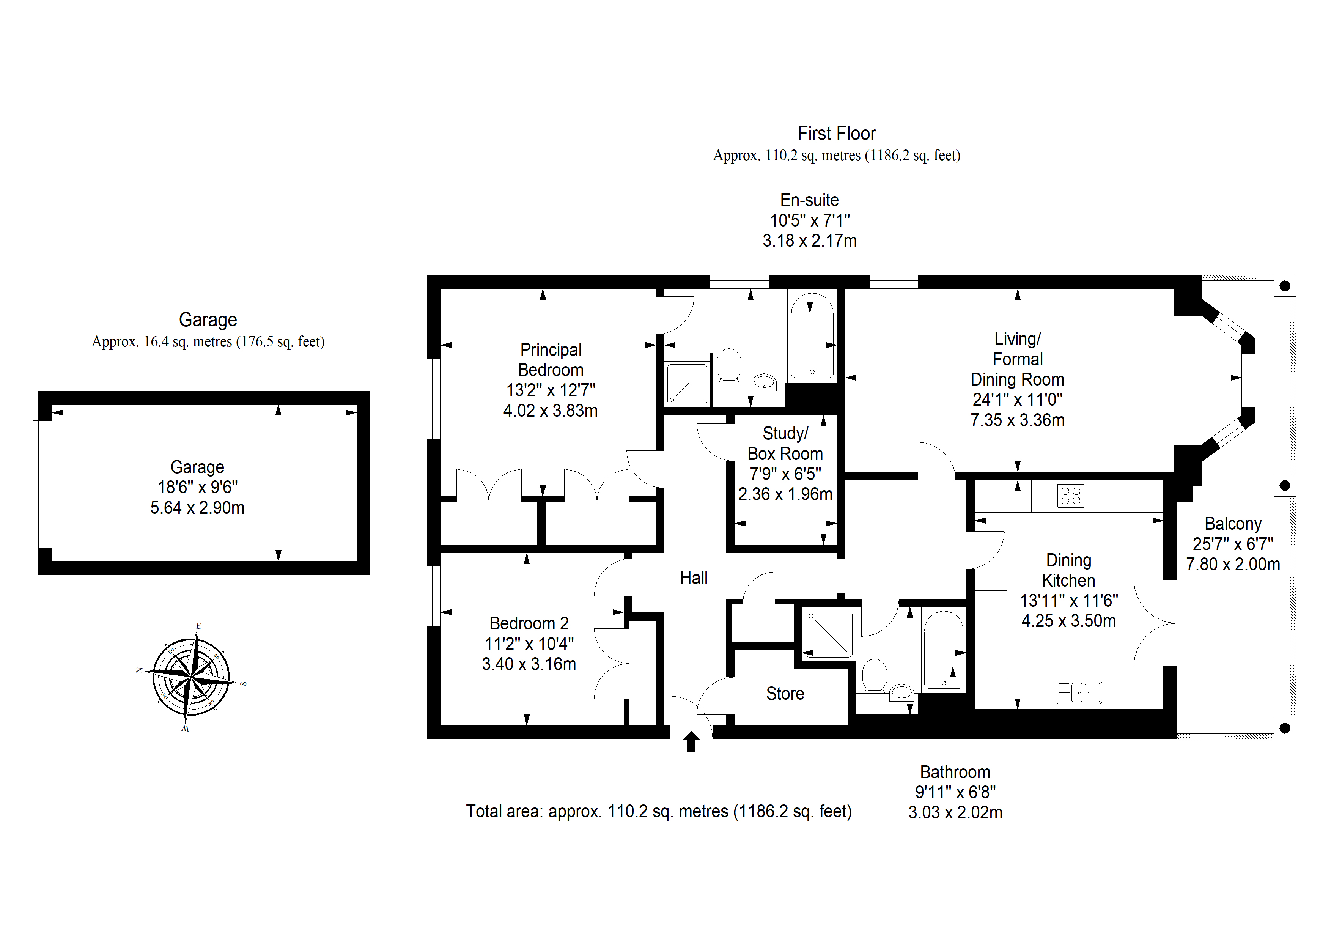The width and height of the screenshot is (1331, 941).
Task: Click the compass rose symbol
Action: click(x=191, y=677)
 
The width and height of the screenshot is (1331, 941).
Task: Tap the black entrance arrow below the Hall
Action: click(x=691, y=741)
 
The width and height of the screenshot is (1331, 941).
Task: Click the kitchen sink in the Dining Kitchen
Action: click(x=1078, y=692)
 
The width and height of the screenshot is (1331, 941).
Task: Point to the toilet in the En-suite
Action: click(x=729, y=365)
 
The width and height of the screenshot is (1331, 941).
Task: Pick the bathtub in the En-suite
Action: click(x=812, y=336)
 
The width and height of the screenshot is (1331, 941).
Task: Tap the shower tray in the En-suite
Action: click(x=688, y=383)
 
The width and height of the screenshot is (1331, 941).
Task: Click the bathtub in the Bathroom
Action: click(x=943, y=650)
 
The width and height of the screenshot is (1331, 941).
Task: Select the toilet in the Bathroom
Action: click(x=874, y=676)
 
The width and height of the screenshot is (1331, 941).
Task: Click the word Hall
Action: click(x=694, y=578)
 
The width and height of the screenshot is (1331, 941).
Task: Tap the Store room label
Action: click(x=785, y=694)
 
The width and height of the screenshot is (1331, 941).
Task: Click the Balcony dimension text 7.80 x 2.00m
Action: click(x=1233, y=564)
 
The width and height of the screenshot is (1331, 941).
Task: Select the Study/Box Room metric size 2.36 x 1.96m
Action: click(x=785, y=494)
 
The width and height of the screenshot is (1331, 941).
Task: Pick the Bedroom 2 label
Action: click(x=529, y=623)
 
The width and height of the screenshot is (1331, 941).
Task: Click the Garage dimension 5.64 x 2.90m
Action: click(x=197, y=508)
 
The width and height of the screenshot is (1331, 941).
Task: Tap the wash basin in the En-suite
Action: click(x=764, y=382)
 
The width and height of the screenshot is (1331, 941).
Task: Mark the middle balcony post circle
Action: click(x=1285, y=485)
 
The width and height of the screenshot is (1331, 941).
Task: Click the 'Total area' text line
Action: click(x=659, y=811)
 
